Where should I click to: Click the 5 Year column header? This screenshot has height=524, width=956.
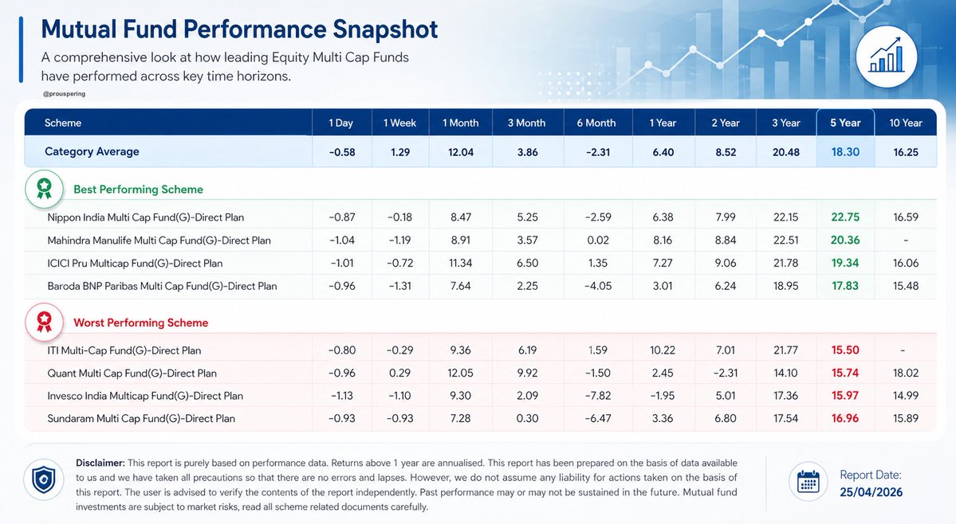(x=845, y=123)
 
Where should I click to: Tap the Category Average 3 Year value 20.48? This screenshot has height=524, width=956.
(x=785, y=151)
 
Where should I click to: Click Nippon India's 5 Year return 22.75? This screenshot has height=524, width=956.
(x=845, y=217)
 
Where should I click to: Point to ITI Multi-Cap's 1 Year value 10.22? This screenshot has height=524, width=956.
(x=663, y=350)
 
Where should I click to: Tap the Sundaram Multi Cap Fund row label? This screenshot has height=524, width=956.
(x=142, y=418)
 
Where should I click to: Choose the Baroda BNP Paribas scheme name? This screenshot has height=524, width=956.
(x=163, y=286)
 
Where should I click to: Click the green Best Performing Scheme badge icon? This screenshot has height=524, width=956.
(x=45, y=189)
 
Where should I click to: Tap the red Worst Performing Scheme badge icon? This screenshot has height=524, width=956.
(x=45, y=322)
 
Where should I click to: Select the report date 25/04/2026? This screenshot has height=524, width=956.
(x=871, y=492)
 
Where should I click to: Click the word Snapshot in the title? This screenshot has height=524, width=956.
(x=384, y=29)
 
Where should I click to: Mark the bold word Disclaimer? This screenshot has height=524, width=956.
(x=100, y=463)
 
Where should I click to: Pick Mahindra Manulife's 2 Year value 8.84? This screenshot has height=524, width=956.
(x=725, y=240)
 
